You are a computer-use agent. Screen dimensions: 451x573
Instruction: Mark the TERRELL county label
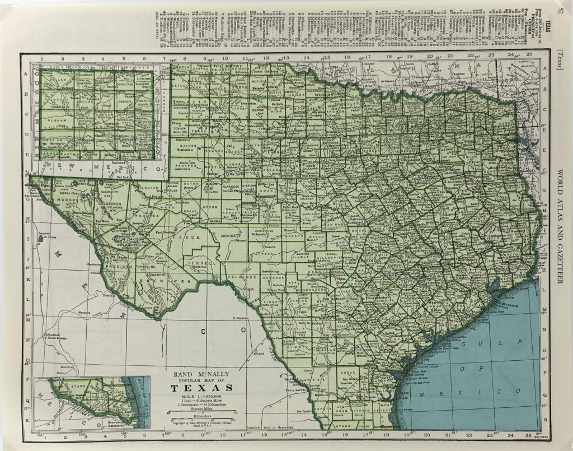coord(200,263)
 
